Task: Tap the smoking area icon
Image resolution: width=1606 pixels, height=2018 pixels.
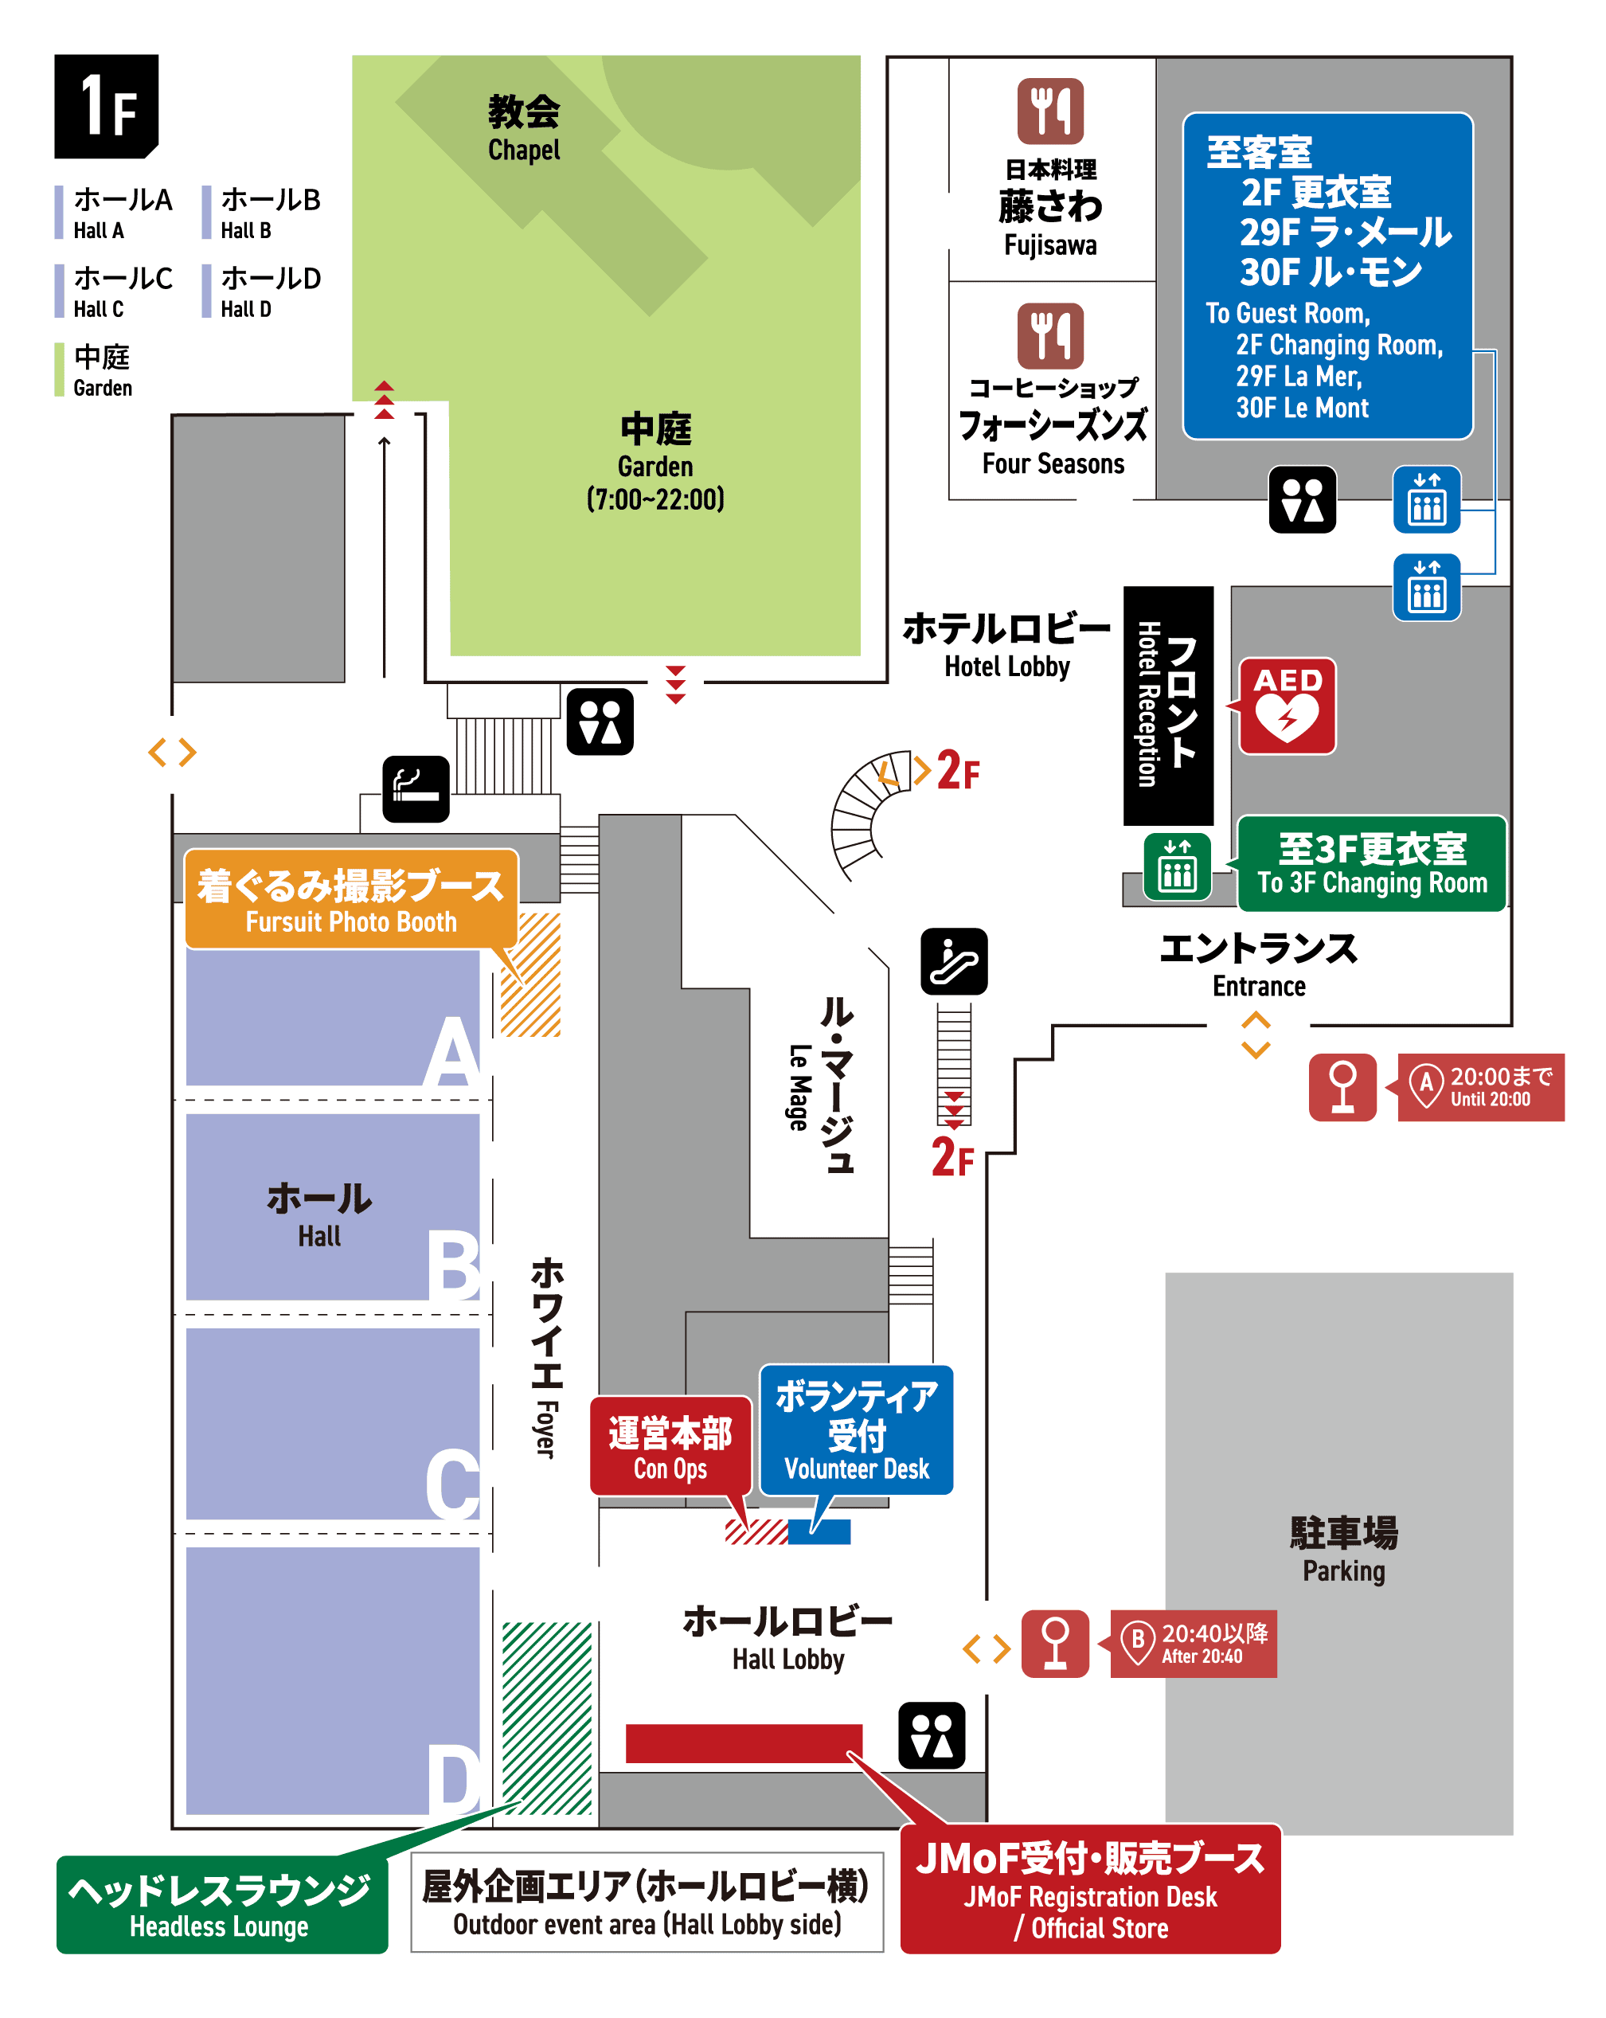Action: pyautogui.click(x=416, y=788)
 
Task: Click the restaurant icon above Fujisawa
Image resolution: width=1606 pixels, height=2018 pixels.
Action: pyautogui.click(x=1049, y=111)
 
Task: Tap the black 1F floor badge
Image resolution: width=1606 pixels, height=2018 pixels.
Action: pyautogui.click(x=106, y=106)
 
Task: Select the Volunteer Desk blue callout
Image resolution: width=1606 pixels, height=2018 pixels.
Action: pyautogui.click(x=855, y=1429)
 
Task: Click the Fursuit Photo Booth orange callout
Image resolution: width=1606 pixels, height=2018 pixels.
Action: pyautogui.click(x=350, y=898)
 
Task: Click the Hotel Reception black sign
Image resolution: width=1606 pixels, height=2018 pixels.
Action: pyautogui.click(x=1167, y=705)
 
